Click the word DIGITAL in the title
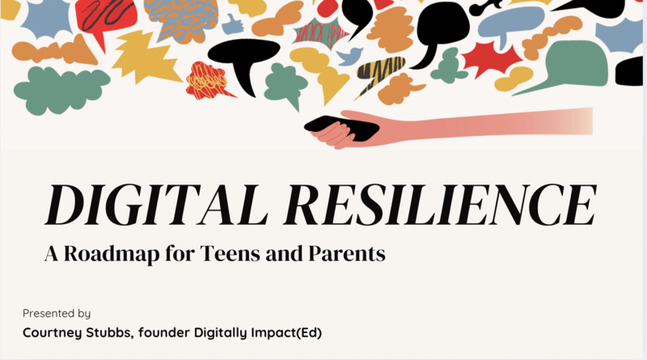click(157, 205)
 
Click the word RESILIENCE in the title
click(440, 205)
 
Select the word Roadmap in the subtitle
click(112, 253)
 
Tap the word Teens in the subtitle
click(230, 253)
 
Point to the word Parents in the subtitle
click(347, 253)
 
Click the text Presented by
click(57, 313)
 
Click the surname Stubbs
click(110, 332)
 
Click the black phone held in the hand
click(341, 128)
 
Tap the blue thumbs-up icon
click(232, 24)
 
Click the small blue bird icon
click(349, 56)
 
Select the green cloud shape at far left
click(61, 90)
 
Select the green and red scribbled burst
click(320, 33)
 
